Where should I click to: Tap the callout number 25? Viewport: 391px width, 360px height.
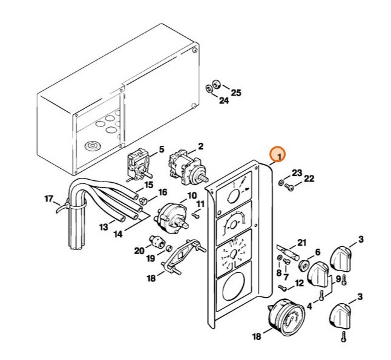point(236,93)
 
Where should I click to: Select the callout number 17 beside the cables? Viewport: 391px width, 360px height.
point(49,198)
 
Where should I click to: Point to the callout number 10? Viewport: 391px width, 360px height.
point(192,195)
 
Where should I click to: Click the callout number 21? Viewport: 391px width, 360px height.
point(302,242)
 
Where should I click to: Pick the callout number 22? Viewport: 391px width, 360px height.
point(309,178)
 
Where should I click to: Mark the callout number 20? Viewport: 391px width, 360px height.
point(138,250)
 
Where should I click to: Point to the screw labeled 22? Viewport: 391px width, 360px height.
point(289,188)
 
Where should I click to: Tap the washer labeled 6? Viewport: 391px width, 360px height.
point(304,266)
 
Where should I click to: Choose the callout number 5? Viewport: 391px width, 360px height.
point(161,149)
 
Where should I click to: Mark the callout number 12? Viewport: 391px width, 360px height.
point(300,283)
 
